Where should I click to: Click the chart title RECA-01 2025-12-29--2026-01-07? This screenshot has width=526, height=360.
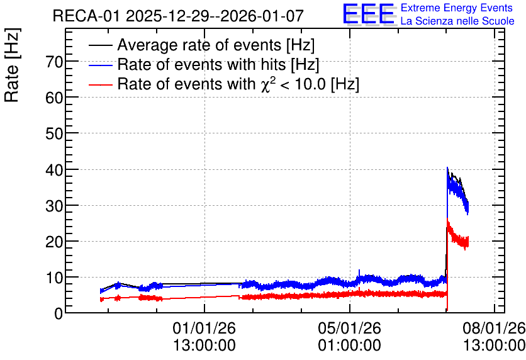tap(178, 16)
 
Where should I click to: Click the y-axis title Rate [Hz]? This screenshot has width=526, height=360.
tap(13, 65)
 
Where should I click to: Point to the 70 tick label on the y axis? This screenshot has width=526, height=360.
tap(54, 62)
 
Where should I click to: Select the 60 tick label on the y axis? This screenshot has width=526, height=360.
tap(54, 98)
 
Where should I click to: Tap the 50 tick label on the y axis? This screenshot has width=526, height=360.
tap(54, 133)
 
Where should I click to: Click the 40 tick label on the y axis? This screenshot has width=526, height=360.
tap(54, 170)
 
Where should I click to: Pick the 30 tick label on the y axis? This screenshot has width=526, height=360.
tap(54, 206)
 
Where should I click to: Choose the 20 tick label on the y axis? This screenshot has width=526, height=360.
tap(54, 242)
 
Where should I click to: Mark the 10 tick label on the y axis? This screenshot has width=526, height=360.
tap(54, 278)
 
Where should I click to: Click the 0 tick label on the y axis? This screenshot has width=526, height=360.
tap(59, 313)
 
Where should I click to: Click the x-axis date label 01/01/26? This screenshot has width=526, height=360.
tap(204, 328)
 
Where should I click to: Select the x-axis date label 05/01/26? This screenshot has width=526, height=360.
tap(350, 328)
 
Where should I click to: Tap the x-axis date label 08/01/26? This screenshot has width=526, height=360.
tap(494, 328)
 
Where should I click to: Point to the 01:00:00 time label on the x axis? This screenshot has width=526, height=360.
tap(350, 346)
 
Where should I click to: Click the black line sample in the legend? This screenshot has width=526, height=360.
tap(101, 45)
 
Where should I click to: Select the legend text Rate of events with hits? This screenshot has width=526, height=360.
tap(201, 64)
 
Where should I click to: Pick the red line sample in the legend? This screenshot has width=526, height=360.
tap(101, 84)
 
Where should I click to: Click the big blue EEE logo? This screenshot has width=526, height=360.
tap(368, 14)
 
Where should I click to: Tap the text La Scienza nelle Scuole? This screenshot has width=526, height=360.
tap(457, 21)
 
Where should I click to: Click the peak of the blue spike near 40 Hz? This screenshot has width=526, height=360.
tap(447, 167)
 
